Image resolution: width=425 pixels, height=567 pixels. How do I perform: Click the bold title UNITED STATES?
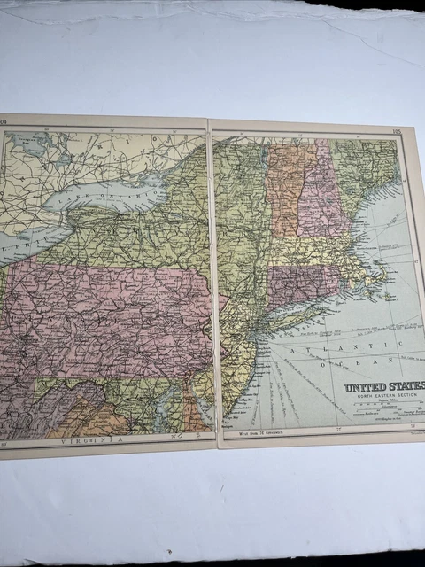[x=383, y=386]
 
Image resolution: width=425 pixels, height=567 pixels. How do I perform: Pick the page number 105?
[x=396, y=132]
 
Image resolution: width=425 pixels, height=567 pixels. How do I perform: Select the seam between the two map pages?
[x=212, y=283]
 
